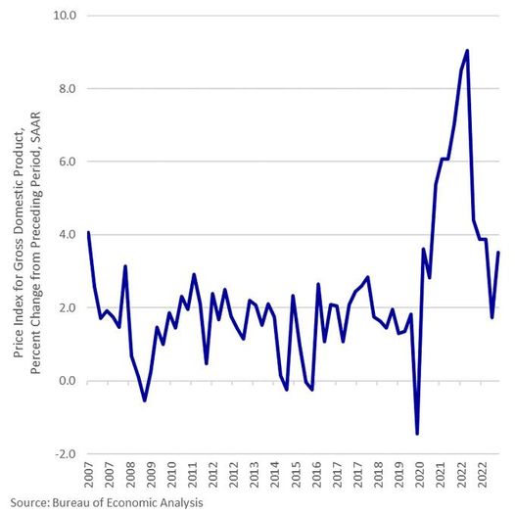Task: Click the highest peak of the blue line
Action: tap(468, 51)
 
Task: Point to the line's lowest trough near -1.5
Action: tap(417, 433)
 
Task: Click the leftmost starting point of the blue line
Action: tap(88, 233)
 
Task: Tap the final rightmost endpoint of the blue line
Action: tap(499, 253)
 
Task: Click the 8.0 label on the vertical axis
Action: tap(68, 89)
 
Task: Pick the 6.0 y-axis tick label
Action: tap(68, 162)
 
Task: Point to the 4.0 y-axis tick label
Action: tap(68, 235)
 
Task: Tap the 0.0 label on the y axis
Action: tap(68, 381)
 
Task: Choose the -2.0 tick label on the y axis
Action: tap(66, 454)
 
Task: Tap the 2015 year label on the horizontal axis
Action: tap(293, 477)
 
